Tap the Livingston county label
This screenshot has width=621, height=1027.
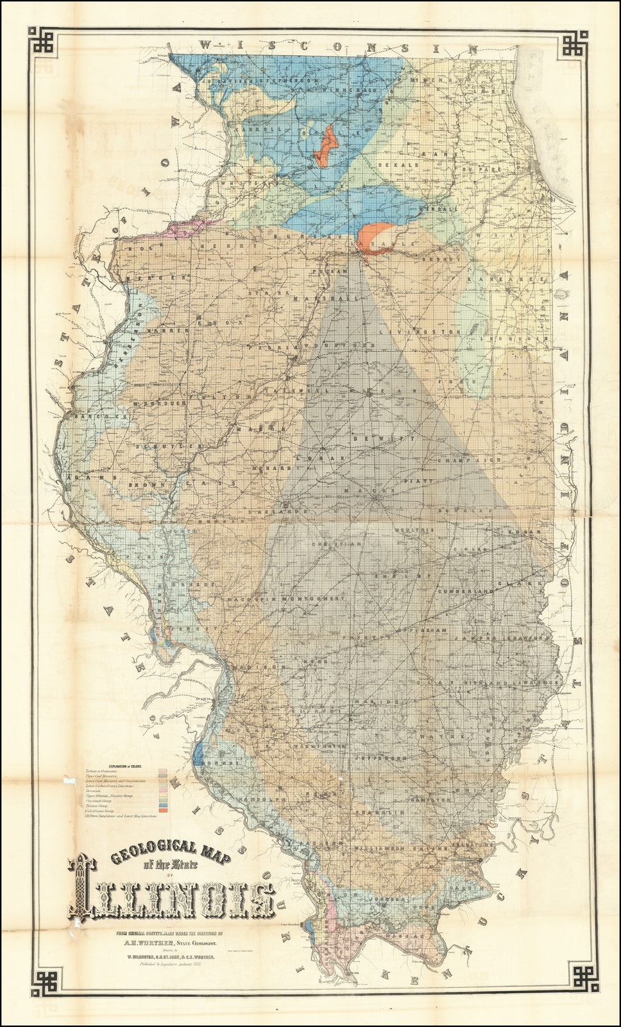point(419,332)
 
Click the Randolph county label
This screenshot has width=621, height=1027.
point(264,800)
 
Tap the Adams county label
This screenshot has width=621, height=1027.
point(81,478)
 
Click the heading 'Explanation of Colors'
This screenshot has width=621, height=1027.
point(124,766)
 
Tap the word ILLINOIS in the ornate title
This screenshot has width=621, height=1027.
point(173,895)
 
